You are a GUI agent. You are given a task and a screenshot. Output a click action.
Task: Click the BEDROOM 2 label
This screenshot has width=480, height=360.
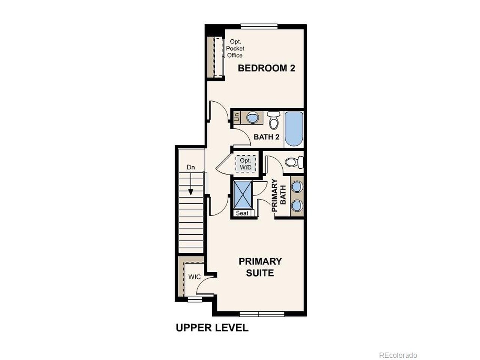point(266,68)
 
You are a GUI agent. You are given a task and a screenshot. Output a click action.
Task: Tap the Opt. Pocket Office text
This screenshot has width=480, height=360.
point(235,48)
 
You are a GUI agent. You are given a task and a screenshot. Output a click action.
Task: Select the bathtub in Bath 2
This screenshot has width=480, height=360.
point(293,129)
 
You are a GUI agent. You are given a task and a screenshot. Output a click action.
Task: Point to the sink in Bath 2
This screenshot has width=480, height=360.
point(252,117)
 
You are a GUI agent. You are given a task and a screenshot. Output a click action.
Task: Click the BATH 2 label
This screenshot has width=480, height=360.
point(266,137)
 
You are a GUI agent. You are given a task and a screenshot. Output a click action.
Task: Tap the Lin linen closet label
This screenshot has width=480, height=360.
point(237,117)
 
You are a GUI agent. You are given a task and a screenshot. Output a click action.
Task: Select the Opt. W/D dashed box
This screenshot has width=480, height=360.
point(246,164)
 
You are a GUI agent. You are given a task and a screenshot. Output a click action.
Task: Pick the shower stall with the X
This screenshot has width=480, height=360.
point(243,194)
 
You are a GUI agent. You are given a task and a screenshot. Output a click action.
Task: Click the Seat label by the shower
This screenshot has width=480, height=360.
point(242,213)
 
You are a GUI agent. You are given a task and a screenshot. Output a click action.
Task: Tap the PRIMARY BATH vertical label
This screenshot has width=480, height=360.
point(279,196)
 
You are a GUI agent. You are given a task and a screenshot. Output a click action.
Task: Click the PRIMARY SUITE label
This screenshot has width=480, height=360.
point(260,267)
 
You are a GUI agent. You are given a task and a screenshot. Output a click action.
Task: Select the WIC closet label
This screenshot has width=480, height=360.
point(194,277)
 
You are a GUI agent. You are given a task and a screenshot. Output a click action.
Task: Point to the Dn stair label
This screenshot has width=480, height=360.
point(191,167)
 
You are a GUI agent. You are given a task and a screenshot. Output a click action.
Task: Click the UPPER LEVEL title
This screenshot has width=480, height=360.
point(212,328)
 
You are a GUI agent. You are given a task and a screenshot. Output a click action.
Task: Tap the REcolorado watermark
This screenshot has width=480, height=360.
point(398,355)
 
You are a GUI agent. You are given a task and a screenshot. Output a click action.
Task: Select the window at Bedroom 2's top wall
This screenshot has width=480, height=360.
point(259,26)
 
